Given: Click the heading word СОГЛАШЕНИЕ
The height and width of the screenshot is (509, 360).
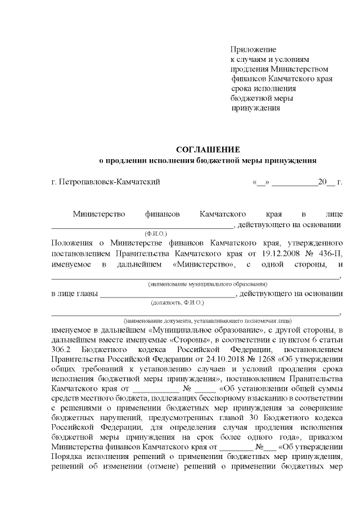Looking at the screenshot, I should click(x=208, y=150).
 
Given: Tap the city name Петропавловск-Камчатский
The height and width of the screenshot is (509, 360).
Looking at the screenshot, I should click(x=110, y=182).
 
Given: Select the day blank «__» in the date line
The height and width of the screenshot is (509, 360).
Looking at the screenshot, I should click(x=263, y=182).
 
